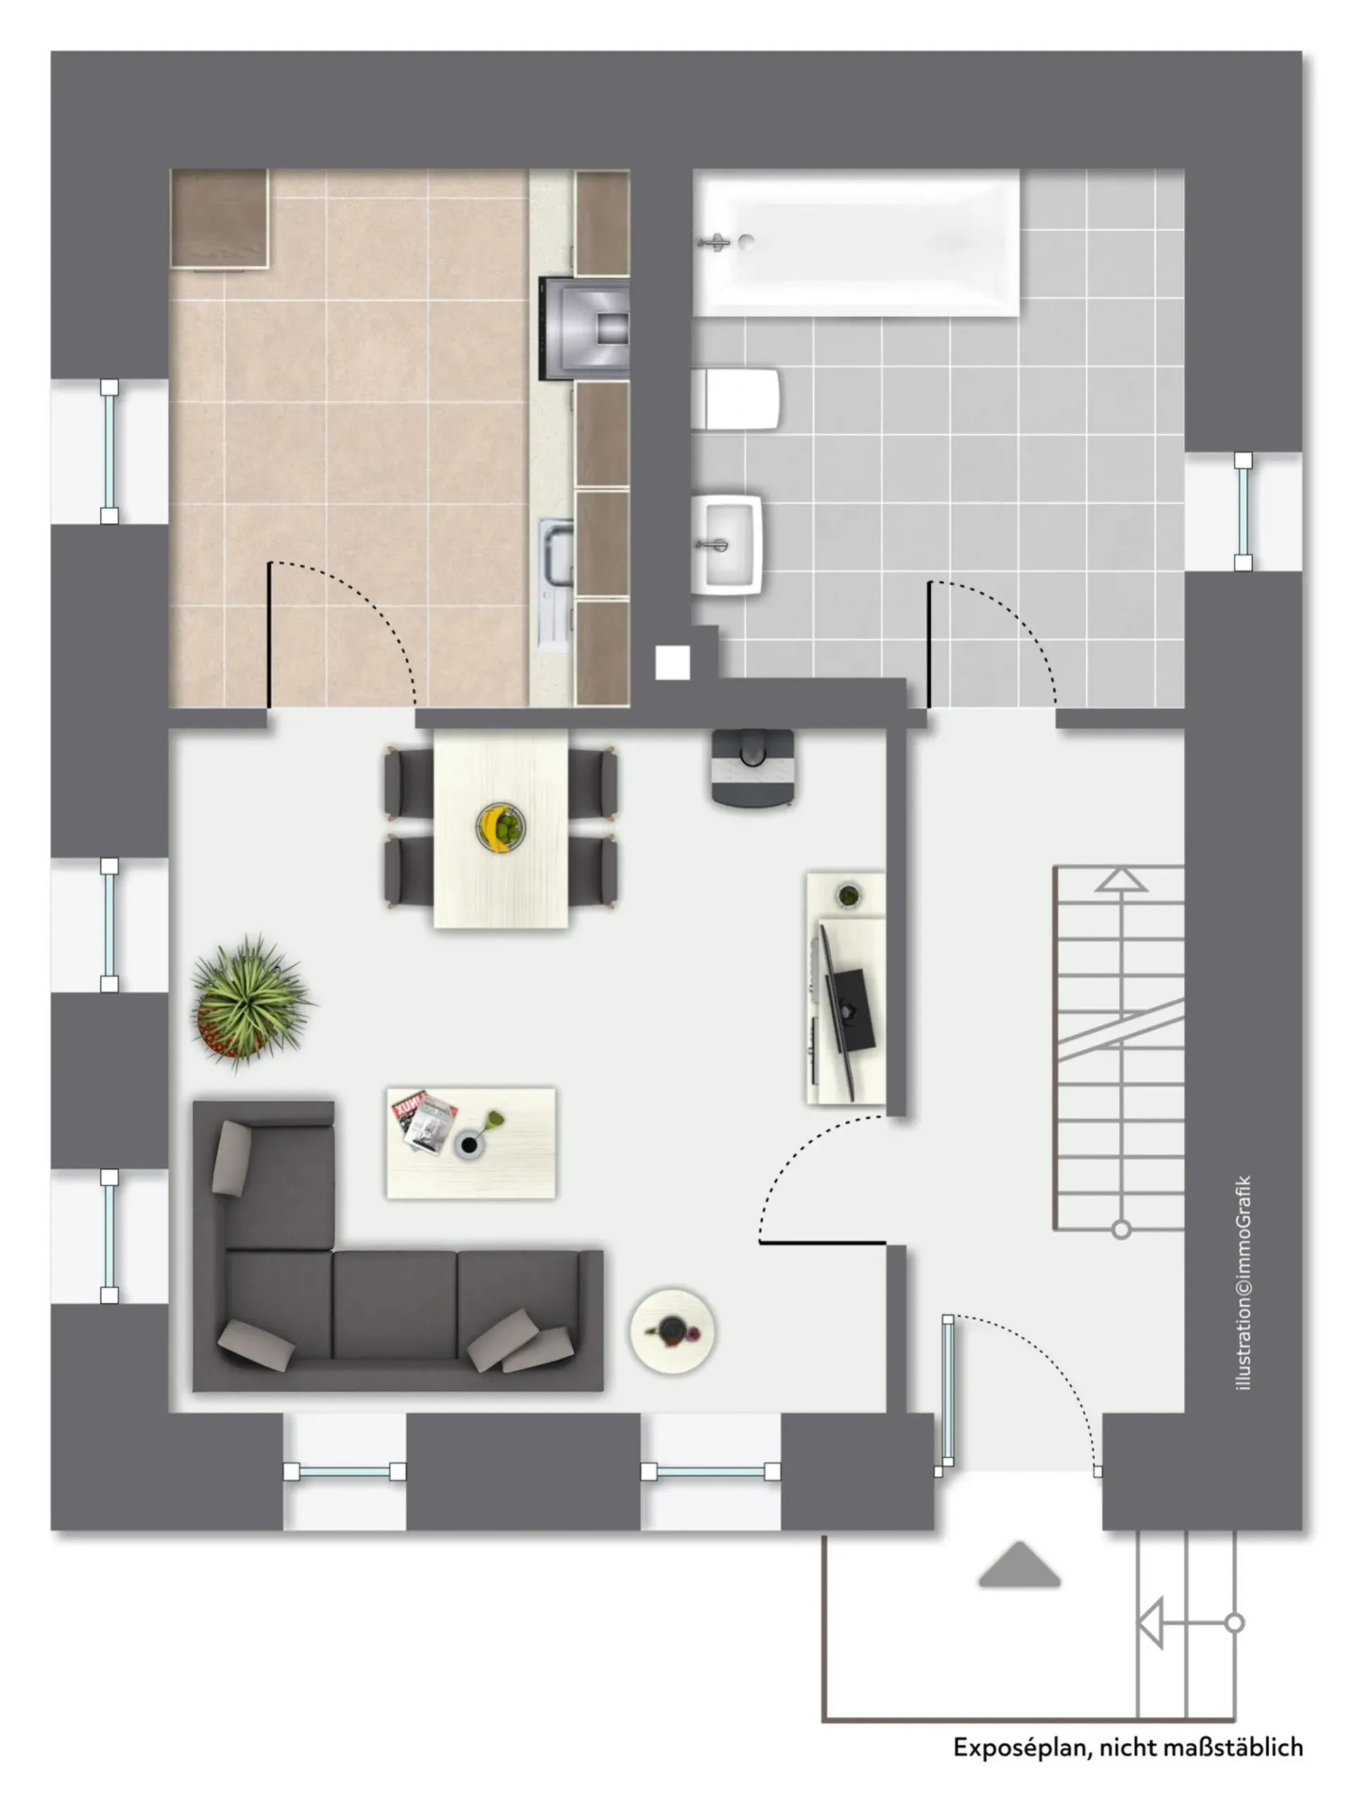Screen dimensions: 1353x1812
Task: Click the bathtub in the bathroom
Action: coord(857,242)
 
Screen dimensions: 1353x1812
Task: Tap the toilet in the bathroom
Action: coord(735,399)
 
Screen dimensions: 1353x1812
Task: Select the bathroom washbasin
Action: coord(727,545)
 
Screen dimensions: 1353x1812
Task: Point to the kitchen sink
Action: coord(556,584)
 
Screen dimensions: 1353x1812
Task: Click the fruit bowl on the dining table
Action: coord(500,827)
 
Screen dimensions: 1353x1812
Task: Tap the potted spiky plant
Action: coord(249,1001)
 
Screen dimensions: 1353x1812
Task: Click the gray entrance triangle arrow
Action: coord(1020,1565)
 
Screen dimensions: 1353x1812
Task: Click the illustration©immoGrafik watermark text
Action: coord(1244,1283)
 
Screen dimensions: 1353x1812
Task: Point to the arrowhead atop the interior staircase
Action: coord(1121,880)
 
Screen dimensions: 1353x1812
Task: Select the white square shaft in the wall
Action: coord(672,662)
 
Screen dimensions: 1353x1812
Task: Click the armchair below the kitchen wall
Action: coord(753,768)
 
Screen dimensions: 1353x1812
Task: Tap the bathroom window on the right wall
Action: coord(1243,511)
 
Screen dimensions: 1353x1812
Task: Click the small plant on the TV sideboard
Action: coord(849,894)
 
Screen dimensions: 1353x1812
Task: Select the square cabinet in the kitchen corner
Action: coord(219,218)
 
